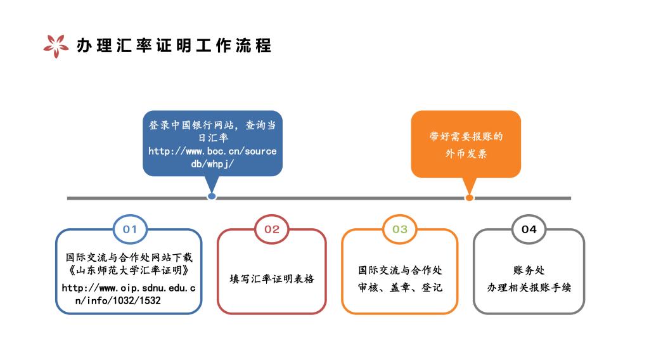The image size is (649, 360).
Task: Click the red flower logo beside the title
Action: [56, 46]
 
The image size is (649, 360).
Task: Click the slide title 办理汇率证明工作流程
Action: [174, 46]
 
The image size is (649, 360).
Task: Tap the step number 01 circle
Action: [130, 229]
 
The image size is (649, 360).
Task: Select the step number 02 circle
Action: [271, 229]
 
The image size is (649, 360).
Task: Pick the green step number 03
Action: [400, 229]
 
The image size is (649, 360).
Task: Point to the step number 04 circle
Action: [529, 229]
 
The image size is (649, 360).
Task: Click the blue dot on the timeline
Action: [212, 196]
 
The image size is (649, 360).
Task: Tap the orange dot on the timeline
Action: [469, 198]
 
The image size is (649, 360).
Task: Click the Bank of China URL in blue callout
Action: [212, 157]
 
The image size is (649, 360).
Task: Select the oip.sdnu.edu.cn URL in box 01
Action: [128, 294]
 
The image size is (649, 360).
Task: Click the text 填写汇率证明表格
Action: [272, 279]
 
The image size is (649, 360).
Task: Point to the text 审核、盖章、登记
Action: [401, 287]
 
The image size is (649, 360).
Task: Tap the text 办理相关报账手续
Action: [529, 287]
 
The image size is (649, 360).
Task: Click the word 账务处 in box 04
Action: [529, 270]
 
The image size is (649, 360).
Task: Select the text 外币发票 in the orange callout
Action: [466, 154]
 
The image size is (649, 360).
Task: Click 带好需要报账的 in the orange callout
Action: [466, 136]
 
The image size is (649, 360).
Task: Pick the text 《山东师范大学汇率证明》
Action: [129, 270]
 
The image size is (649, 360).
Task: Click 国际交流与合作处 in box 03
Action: [401, 270]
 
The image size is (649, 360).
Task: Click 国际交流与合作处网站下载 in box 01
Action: [129, 257]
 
